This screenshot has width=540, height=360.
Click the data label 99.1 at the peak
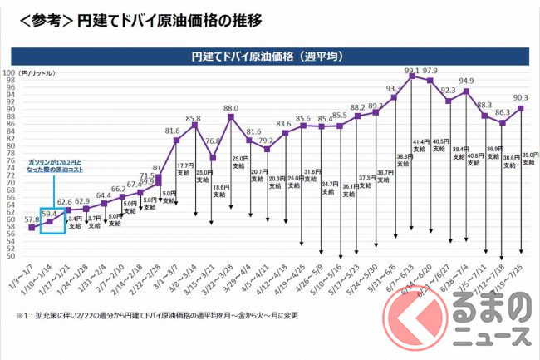tap(412, 70)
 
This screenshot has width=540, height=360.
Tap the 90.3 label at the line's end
tap(522, 97)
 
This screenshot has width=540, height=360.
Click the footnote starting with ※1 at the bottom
tap(158, 317)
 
